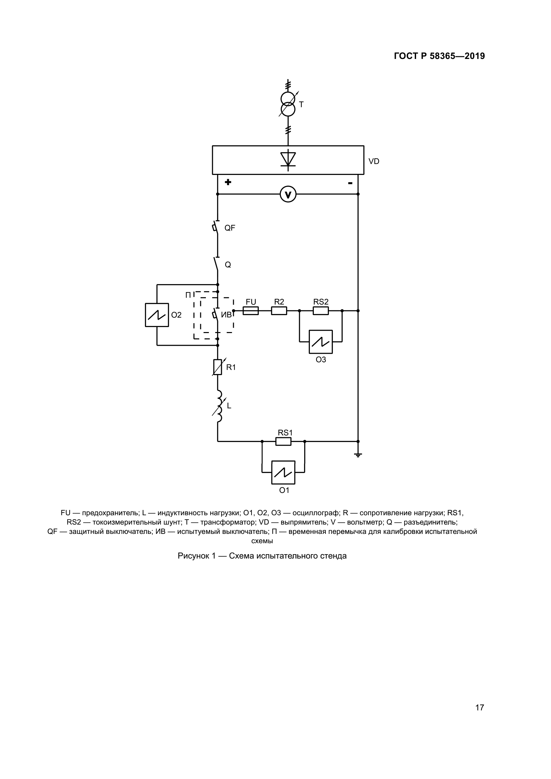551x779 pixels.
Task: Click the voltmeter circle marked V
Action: pyautogui.click(x=288, y=195)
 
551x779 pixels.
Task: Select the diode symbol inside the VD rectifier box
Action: pyautogui.click(x=288, y=160)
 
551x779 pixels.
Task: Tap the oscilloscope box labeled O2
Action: pyautogui.click(x=157, y=315)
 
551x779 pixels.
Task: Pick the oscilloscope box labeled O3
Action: pyautogui.click(x=320, y=342)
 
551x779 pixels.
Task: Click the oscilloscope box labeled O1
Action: pyautogui.click(x=283, y=472)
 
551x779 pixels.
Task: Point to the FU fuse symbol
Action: pyautogui.click(x=251, y=311)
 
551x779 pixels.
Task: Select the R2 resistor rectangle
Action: pyautogui.click(x=279, y=311)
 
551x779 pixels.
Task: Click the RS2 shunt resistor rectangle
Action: pyautogui.click(x=320, y=311)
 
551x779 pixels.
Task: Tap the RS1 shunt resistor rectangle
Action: pyautogui.click(x=283, y=441)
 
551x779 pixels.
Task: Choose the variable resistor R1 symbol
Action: pyautogui.click(x=218, y=367)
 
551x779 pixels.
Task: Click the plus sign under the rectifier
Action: pyautogui.click(x=228, y=182)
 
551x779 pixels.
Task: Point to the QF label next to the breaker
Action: pyautogui.click(x=230, y=228)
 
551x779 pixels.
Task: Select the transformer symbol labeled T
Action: pyautogui.click(x=288, y=104)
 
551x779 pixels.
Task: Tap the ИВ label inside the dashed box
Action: pyautogui.click(x=226, y=315)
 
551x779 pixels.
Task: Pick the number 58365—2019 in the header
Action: pyautogui.click(x=457, y=56)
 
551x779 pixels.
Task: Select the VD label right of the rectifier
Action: pyautogui.click(x=374, y=162)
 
